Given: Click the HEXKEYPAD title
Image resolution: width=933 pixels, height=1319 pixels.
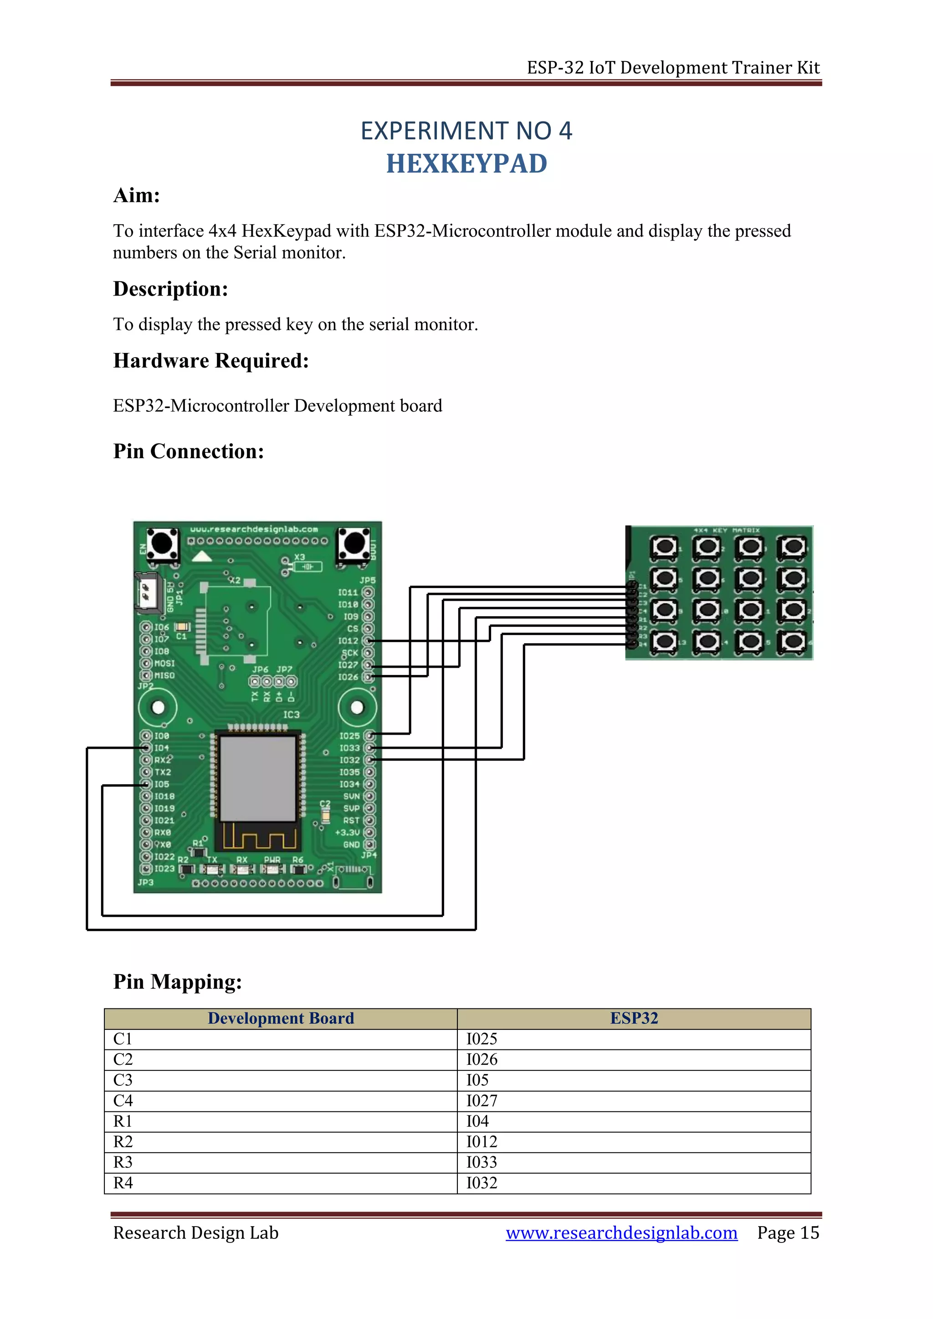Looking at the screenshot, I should point(466,164).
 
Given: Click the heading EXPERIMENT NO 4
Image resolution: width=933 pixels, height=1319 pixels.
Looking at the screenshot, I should point(466,131).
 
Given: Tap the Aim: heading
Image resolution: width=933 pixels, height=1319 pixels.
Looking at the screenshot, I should point(136,195).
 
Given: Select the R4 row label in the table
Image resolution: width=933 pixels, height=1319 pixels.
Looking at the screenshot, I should point(123,1183).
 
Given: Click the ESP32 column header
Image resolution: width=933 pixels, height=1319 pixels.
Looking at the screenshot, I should point(634,1018).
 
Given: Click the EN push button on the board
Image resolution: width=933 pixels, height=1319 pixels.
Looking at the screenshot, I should point(163,543).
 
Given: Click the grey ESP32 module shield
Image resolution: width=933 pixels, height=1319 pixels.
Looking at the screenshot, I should point(258,778).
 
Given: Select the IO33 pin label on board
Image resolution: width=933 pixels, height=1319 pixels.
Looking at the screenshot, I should point(349,748).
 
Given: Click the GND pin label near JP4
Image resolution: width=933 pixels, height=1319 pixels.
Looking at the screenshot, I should point(351,844).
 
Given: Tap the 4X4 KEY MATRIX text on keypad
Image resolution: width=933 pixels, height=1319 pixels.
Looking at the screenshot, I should point(726,530).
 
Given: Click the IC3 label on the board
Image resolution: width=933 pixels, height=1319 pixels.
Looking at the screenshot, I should point(291,715).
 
